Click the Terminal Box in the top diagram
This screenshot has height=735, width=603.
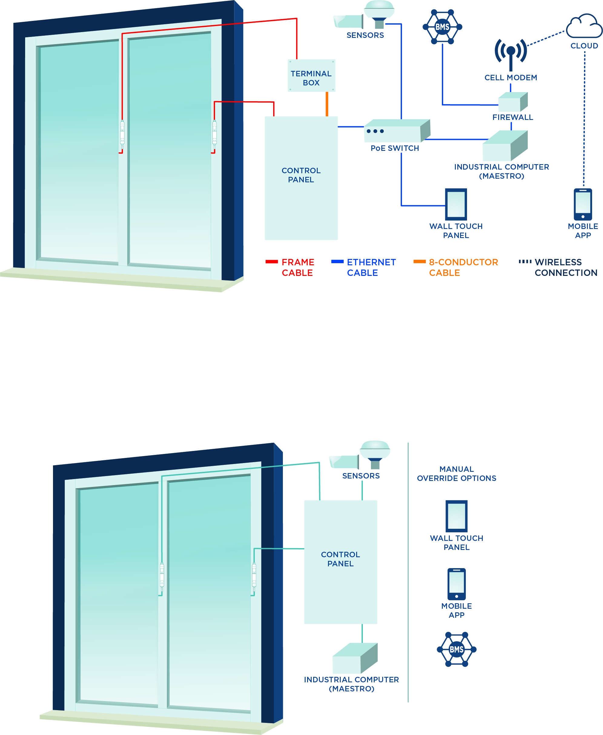[311, 76]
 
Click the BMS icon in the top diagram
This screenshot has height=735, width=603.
[442, 27]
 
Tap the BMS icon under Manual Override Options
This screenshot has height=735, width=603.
[456, 649]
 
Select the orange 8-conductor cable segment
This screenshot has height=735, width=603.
[327, 104]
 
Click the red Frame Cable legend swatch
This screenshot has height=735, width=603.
[272, 262]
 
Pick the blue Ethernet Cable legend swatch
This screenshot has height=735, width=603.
[337, 262]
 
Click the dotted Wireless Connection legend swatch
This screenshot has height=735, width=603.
[525, 262]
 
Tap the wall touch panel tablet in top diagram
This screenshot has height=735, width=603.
[456, 204]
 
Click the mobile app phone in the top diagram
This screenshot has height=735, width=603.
[582, 204]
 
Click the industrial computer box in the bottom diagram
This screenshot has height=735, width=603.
[354, 659]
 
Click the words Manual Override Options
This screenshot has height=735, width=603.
[456, 473]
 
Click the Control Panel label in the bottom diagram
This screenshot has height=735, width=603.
[340, 559]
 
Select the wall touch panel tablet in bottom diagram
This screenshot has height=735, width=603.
[456, 516]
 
